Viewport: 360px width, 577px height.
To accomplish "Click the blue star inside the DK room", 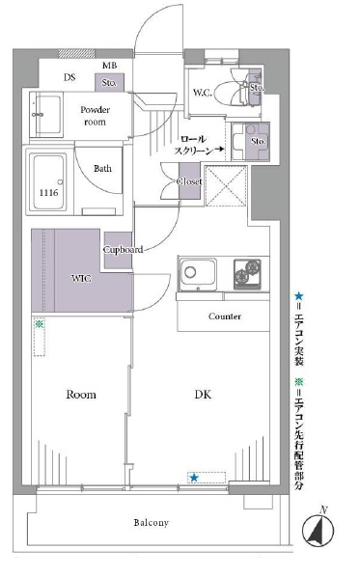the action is coord(194,478).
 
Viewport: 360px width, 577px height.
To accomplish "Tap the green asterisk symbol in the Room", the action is coord(39,324).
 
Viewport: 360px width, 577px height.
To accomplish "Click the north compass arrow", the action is coord(318,530).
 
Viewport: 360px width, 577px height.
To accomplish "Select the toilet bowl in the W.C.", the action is coord(228,94).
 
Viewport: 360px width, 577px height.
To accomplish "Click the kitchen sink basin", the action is coord(198,273).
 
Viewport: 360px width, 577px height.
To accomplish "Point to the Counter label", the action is coord(225,316).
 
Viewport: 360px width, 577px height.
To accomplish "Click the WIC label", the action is coord(81,278).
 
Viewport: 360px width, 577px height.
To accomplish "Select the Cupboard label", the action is coord(123,250).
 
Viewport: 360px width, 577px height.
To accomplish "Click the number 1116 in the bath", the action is coord(49,192).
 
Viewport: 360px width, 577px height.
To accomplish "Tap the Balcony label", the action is coord(152,523).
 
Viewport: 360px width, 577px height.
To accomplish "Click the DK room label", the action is coord(203,395).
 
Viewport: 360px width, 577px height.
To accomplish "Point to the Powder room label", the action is coord(95,116).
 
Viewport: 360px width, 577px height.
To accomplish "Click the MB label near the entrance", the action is coord(110,66).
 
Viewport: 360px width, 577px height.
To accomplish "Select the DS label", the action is coord(69,77).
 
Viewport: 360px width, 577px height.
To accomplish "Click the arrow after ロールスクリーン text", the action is coord(220,150).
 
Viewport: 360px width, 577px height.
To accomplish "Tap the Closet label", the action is coord(189,181).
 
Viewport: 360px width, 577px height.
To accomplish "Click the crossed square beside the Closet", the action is coord(226,186).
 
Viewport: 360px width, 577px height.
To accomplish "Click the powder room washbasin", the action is coord(46,114).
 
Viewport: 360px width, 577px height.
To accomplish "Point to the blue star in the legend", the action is coord(298,295).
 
